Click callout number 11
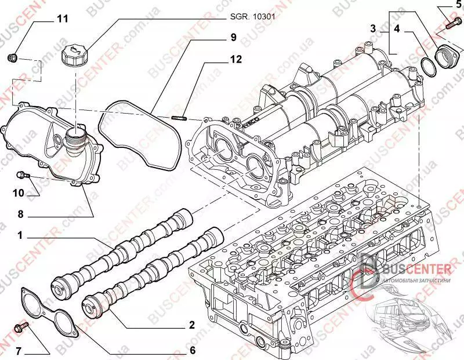click(62, 19)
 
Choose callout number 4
click(397, 28)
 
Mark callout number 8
click(21, 214)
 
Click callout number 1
click(20, 236)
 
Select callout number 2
click(191, 326)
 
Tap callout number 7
click(19, 351)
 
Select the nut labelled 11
click(14, 57)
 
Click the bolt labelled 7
click(25, 328)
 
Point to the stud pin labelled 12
click(179, 119)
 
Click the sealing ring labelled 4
click(428, 66)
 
